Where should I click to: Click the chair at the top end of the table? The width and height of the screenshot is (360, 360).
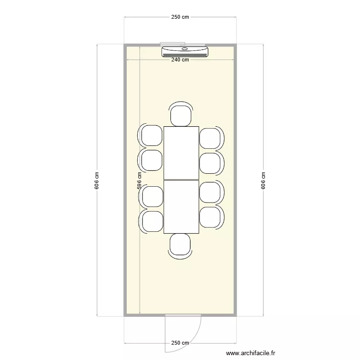181,115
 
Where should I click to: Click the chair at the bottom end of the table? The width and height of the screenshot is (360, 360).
180,244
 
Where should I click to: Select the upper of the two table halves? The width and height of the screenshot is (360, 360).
181,153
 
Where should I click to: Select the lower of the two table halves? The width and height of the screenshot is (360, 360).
181,207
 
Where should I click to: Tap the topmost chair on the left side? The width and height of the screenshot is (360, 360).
151,135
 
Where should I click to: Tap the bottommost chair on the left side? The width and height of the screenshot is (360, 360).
152,221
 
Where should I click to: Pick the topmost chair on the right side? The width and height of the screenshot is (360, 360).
211,138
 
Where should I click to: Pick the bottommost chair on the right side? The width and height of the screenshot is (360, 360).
211,217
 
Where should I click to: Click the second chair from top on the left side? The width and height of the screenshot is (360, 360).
151,160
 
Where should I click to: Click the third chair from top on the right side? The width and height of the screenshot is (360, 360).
211,192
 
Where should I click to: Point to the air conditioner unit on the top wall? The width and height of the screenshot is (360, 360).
185,51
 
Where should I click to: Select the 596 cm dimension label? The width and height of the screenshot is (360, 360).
139,181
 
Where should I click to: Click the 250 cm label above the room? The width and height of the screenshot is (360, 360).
180,17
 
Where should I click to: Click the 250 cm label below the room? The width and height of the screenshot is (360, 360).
180,343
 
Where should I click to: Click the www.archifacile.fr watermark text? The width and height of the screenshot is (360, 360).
251,353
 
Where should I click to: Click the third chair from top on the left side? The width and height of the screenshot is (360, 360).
152,196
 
